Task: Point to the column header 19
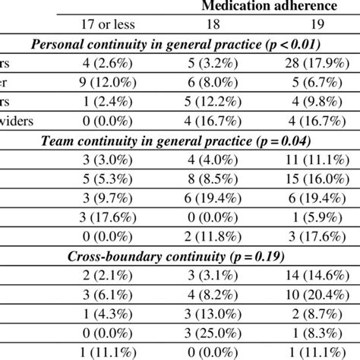point(317,25)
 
